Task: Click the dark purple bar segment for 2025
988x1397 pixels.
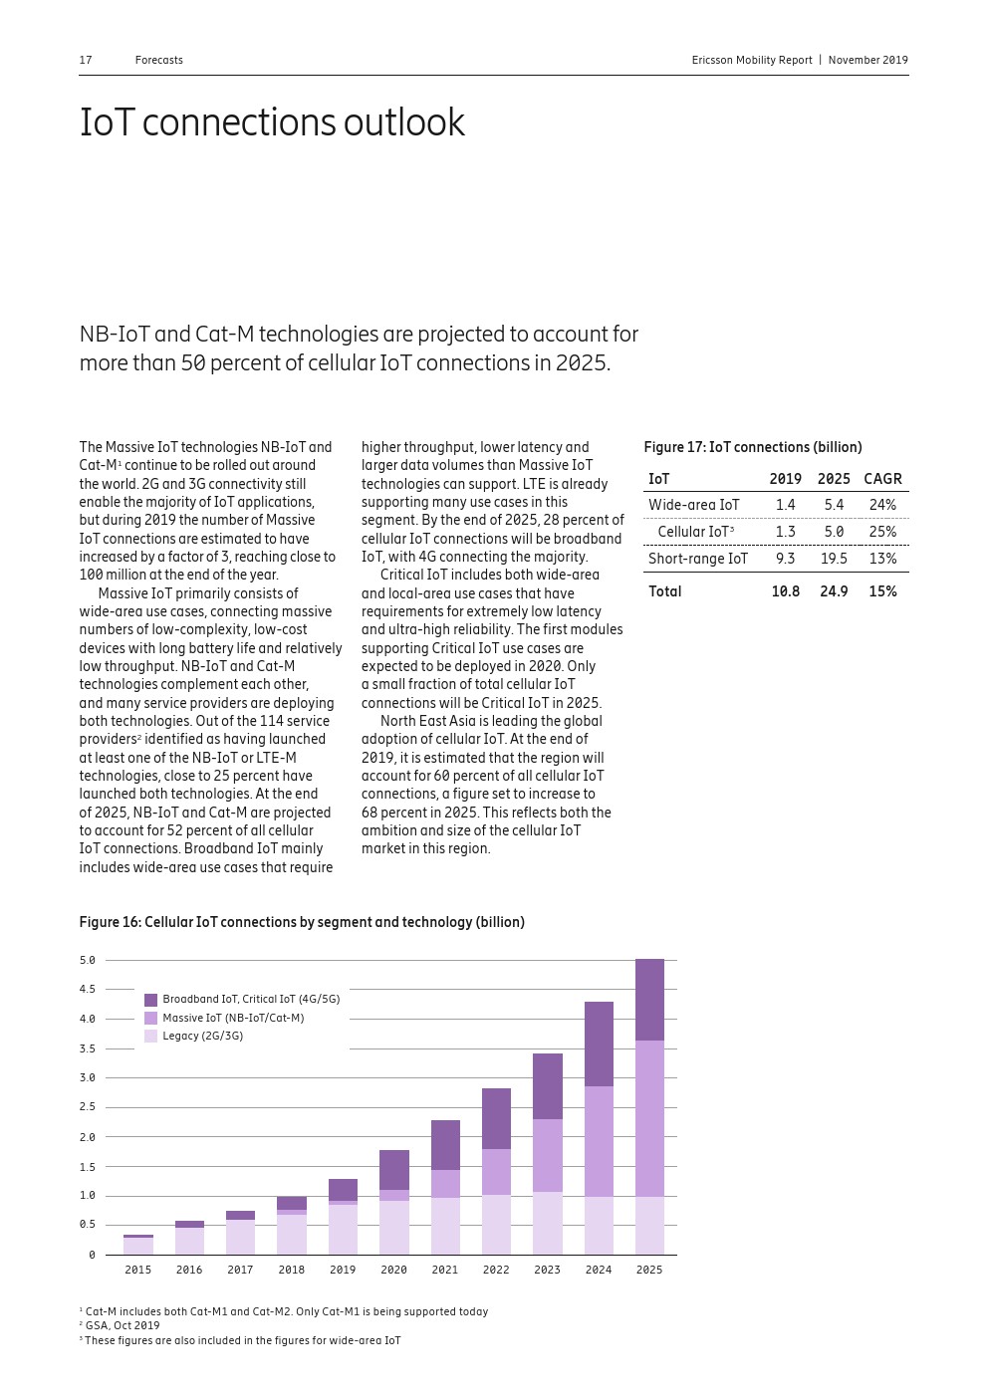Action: (x=649, y=1000)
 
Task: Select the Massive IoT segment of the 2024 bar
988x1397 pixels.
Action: (x=599, y=1141)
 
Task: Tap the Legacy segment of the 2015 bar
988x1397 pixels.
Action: (x=138, y=1246)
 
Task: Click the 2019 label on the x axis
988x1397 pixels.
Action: (x=343, y=1270)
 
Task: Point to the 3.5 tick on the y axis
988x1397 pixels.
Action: (x=88, y=1048)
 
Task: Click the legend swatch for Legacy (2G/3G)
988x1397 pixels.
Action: (x=151, y=1036)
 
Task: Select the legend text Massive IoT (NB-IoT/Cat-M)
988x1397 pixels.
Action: (x=233, y=1018)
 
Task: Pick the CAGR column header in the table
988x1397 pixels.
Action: (x=882, y=479)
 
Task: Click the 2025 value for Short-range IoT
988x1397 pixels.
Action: (x=834, y=559)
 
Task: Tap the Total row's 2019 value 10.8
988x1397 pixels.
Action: (x=785, y=591)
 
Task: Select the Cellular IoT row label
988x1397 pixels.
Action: (x=694, y=532)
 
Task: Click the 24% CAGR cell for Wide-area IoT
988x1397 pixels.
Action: (x=882, y=505)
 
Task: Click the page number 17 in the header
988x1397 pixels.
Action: (x=86, y=60)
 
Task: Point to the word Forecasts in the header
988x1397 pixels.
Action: (x=159, y=60)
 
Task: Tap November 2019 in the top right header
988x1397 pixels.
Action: (x=867, y=60)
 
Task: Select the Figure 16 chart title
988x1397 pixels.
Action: (x=302, y=922)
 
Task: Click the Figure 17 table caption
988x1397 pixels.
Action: (x=753, y=447)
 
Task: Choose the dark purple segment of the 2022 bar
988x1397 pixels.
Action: (x=496, y=1118)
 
